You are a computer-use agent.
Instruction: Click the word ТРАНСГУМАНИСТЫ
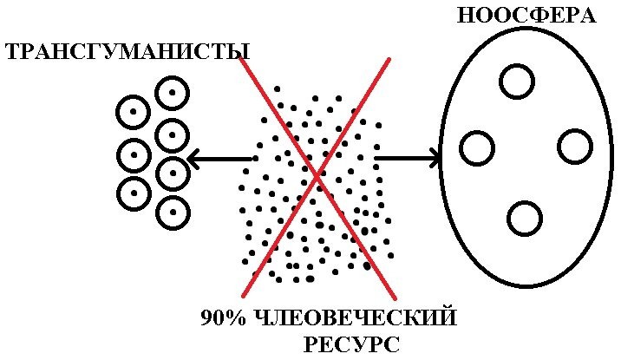(121, 52)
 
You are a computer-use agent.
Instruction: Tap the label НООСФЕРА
(526, 16)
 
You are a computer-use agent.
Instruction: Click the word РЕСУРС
(352, 344)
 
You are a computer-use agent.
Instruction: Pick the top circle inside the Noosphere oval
(517, 81)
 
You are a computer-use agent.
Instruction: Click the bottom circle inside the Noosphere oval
(525, 218)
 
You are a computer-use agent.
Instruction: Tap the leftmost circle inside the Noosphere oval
(477, 148)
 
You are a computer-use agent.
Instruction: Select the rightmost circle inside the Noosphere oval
(574, 147)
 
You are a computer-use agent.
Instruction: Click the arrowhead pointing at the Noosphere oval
(434, 158)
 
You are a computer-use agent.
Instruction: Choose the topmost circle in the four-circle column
(172, 94)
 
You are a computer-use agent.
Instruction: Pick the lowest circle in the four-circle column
(173, 213)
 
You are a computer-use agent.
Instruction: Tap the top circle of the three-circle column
(133, 112)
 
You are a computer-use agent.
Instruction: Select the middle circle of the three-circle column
(133, 155)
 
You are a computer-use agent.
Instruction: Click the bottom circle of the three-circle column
(134, 193)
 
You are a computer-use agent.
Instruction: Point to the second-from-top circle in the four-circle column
(172, 135)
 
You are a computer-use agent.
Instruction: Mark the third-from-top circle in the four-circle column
(173, 173)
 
